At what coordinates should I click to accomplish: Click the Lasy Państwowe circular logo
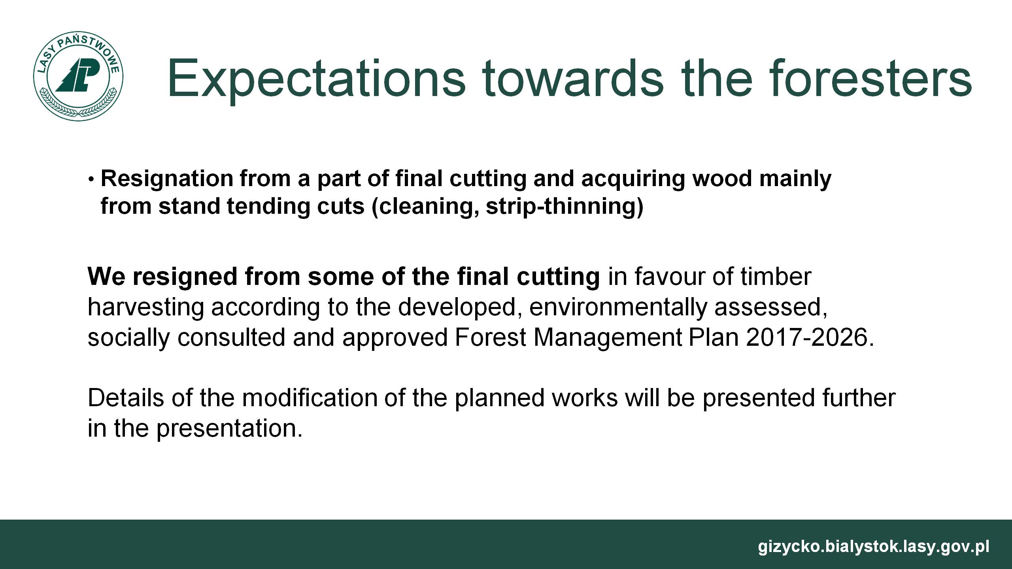click(78, 77)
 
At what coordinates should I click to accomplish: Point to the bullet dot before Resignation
click(91, 180)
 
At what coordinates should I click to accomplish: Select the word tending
click(268, 207)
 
